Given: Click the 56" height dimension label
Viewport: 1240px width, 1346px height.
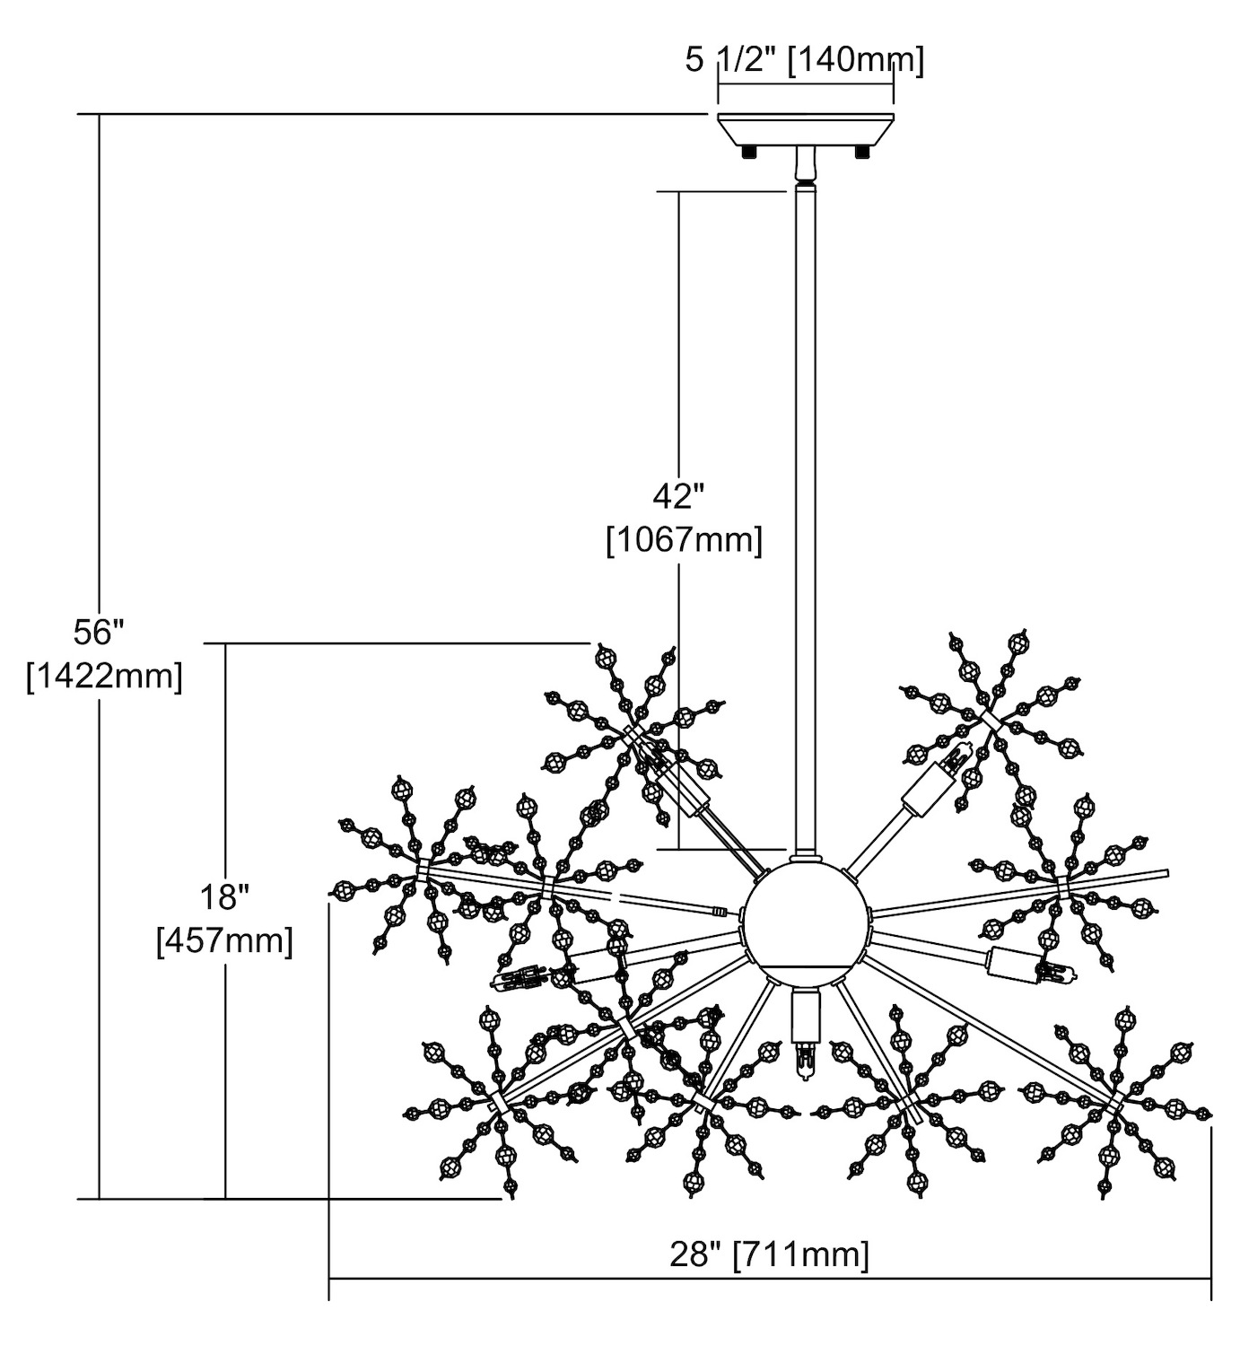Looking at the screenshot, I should point(97,633).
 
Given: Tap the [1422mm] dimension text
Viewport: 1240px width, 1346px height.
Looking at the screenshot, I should point(105,676).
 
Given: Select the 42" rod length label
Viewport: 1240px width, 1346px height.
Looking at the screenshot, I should point(678,496).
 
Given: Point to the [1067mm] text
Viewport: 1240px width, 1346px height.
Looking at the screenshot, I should point(685,540).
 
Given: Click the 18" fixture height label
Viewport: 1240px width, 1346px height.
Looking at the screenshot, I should point(223,896).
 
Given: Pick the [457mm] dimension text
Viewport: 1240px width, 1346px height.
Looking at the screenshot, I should point(224,941).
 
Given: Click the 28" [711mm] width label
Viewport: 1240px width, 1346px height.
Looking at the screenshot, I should point(770,1254).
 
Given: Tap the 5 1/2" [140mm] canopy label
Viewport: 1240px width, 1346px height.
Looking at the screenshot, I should point(804,60).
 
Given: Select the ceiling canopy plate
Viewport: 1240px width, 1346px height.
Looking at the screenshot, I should point(805,129).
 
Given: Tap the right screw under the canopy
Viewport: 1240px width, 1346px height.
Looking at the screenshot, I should point(863,153).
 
